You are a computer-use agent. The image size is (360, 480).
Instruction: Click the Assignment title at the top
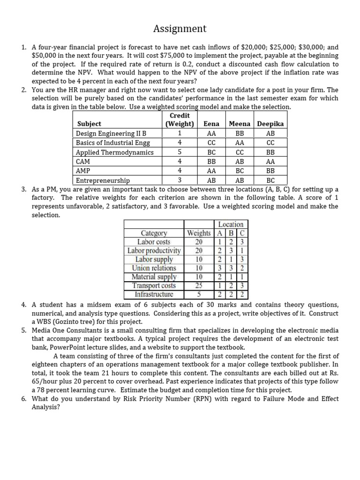[180, 29]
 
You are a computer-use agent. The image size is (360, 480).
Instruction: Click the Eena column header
[211, 124]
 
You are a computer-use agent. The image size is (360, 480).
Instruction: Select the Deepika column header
[270, 124]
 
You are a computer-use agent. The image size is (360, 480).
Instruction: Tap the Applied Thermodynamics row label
[115, 152]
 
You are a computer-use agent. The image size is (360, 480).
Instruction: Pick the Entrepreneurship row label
[103, 180]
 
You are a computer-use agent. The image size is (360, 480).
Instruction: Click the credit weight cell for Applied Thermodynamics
[180, 152]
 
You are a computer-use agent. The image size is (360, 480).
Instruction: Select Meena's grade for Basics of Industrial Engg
[240, 142]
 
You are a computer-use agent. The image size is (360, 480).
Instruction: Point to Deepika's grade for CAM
[270, 161]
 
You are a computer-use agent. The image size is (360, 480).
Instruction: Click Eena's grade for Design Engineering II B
[211, 133]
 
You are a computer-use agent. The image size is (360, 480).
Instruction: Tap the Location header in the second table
[231, 225]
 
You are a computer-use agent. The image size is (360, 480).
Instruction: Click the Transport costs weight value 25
[199, 285]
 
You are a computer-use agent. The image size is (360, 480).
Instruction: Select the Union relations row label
[154, 268]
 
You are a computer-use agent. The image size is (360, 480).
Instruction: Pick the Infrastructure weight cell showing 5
[199, 294]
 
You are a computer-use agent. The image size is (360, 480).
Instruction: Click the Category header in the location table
[154, 233]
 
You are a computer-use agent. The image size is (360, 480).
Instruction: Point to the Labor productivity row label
[154, 251]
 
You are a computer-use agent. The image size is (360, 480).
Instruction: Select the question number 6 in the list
[23, 399]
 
